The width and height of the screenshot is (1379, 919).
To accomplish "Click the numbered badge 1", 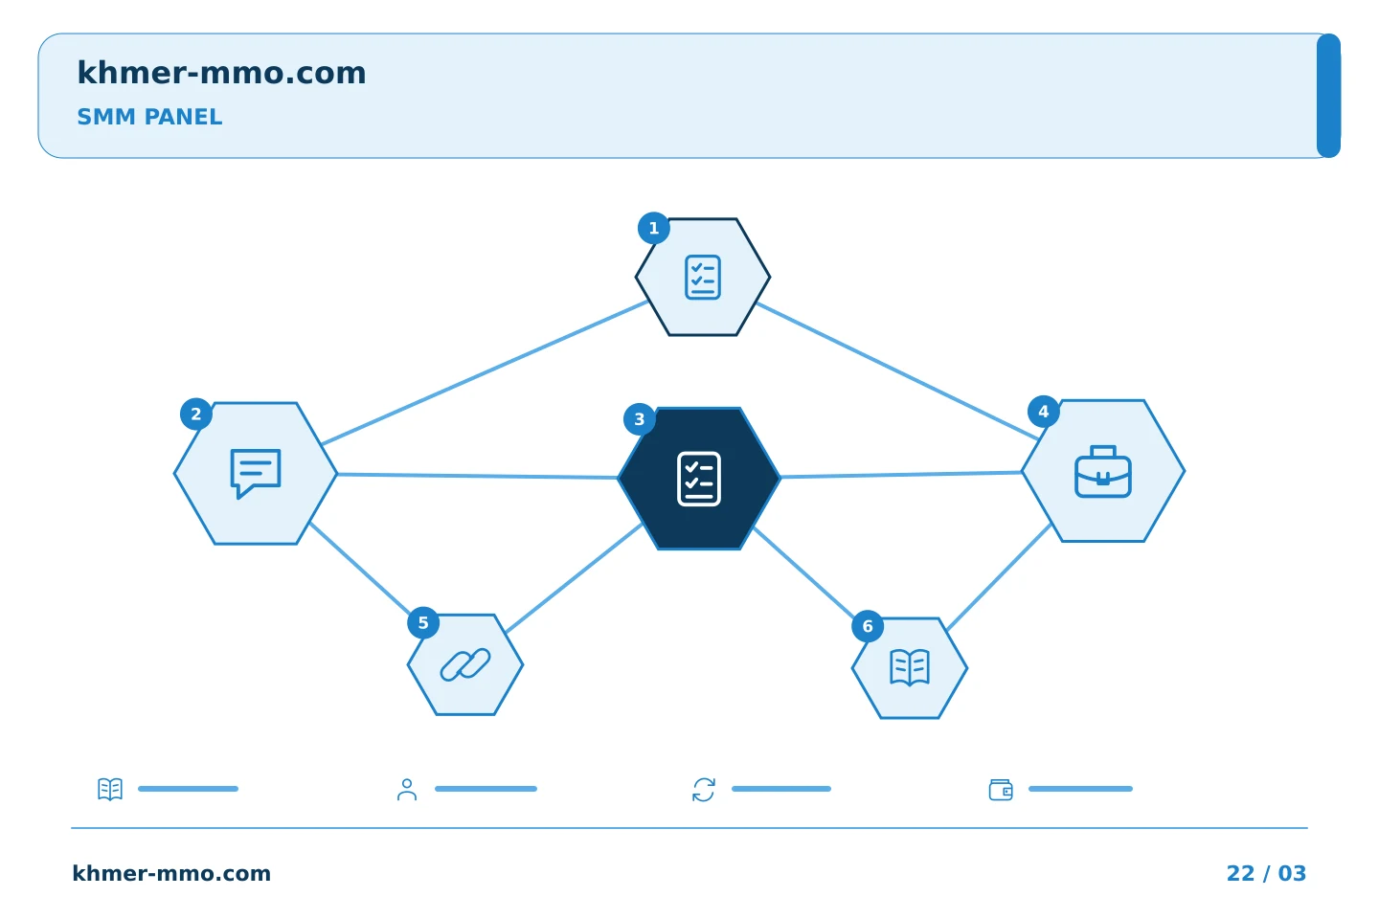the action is [x=654, y=229].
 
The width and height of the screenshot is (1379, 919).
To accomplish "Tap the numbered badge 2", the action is [x=195, y=415].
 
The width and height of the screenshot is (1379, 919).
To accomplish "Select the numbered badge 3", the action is [x=639, y=420].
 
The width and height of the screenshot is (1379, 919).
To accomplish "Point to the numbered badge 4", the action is [x=1044, y=412].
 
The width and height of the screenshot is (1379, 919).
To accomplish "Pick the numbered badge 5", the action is [x=423, y=623].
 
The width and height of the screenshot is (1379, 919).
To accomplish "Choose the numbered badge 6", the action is [x=868, y=627].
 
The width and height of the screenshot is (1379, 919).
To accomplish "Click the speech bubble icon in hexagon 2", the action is [x=256, y=473].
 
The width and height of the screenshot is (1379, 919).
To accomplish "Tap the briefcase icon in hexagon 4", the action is [x=1102, y=472].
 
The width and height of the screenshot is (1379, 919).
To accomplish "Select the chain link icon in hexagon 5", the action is [x=465, y=664].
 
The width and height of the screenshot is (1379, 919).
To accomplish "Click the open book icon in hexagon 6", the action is [x=910, y=667].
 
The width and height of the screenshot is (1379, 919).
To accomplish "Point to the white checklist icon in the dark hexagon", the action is [x=699, y=479].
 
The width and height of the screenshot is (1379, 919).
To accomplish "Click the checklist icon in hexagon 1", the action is [x=703, y=277].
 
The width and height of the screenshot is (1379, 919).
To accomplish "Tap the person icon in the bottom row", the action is [x=407, y=789].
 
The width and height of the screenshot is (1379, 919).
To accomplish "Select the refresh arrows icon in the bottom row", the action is [x=704, y=790].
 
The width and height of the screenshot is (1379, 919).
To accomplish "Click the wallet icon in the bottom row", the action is [x=1001, y=790].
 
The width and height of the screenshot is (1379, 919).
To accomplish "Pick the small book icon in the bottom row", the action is [x=110, y=789].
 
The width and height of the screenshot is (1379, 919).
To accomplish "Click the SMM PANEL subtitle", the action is [x=149, y=117].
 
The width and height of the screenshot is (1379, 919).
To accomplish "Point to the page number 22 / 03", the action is [x=1266, y=873].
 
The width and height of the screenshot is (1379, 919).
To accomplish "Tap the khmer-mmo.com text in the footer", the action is [x=171, y=873].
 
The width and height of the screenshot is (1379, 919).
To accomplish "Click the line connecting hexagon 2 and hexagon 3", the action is [x=478, y=476].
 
